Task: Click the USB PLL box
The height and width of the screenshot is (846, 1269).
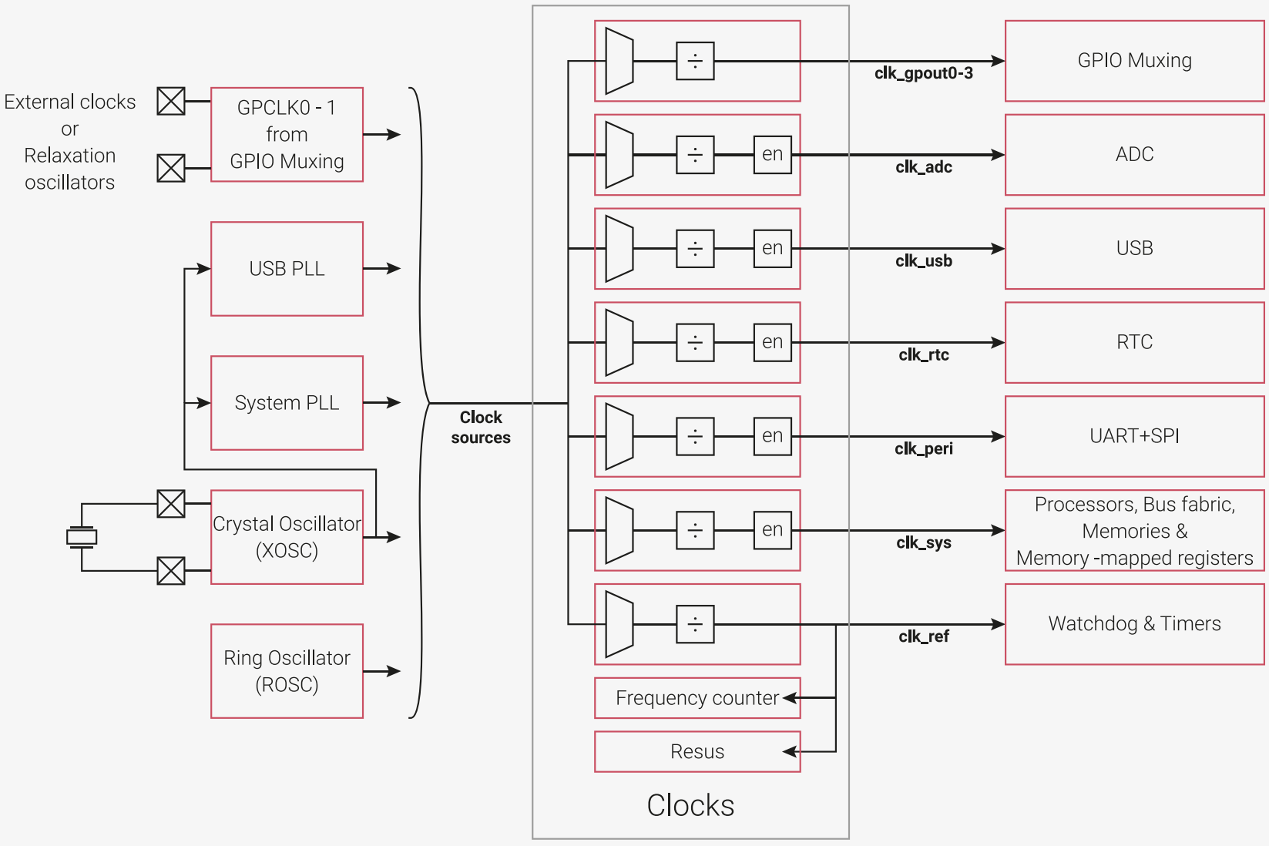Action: pos(287,269)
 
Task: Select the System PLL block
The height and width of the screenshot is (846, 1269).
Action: pos(287,403)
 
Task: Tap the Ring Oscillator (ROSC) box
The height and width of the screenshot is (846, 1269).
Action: pos(287,671)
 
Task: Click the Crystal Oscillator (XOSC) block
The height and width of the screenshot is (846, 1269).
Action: pos(287,536)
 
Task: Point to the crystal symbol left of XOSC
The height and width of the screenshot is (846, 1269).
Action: pos(82,536)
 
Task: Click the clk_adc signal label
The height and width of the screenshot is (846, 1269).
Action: pos(923,167)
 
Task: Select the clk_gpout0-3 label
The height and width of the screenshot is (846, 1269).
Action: pos(923,73)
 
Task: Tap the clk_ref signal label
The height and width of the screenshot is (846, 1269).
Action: pos(923,636)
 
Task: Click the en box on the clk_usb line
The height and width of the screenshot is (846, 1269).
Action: pos(772,248)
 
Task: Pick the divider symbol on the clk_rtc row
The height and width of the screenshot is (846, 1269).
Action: pos(695,342)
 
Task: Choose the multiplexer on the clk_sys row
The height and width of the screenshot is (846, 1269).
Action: pos(619,530)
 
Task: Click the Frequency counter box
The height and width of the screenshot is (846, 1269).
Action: pos(697,697)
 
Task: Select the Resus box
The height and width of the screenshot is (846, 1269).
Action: pos(697,751)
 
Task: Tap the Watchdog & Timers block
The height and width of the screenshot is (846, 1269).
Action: pos(1134,624)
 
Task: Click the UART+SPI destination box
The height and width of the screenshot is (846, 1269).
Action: pos(1134,436)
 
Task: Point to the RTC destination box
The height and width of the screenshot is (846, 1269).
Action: pos(1134,342)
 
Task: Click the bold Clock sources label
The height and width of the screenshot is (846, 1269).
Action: pos(481,428)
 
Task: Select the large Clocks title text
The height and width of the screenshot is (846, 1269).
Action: pos(690,805)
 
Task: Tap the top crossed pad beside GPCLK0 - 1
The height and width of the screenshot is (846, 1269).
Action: pos(170,102)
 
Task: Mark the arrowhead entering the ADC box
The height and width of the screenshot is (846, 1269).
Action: pos(998,155)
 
